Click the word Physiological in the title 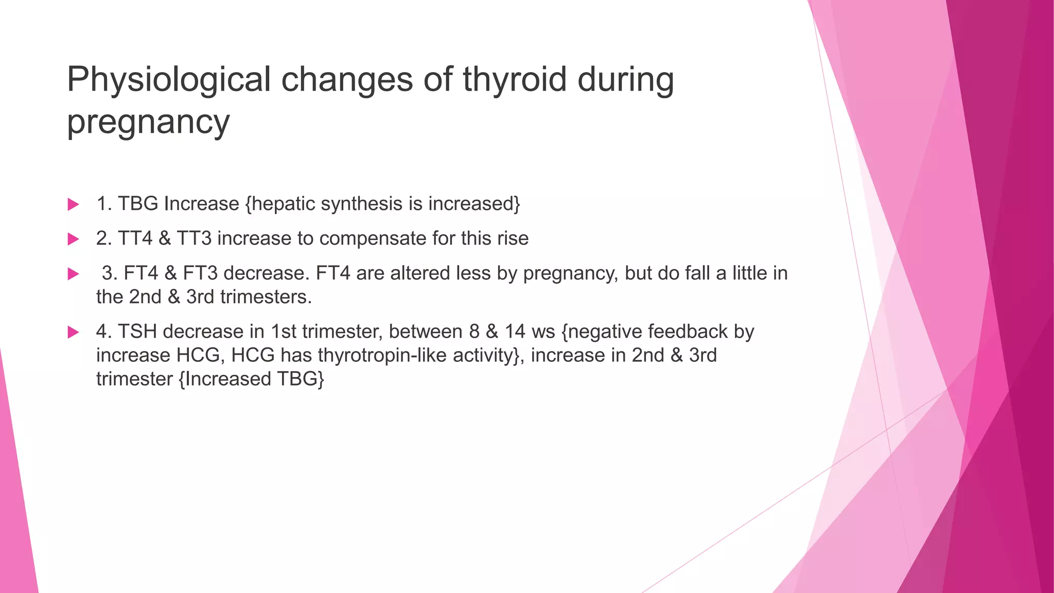point(168,80)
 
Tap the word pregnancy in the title point(148,123)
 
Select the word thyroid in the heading point(515,79)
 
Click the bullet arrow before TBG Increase point(73,204)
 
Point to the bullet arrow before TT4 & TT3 point(73,239)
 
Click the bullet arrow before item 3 point(73,273)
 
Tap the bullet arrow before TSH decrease point(73,332)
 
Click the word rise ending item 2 point(513,238)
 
